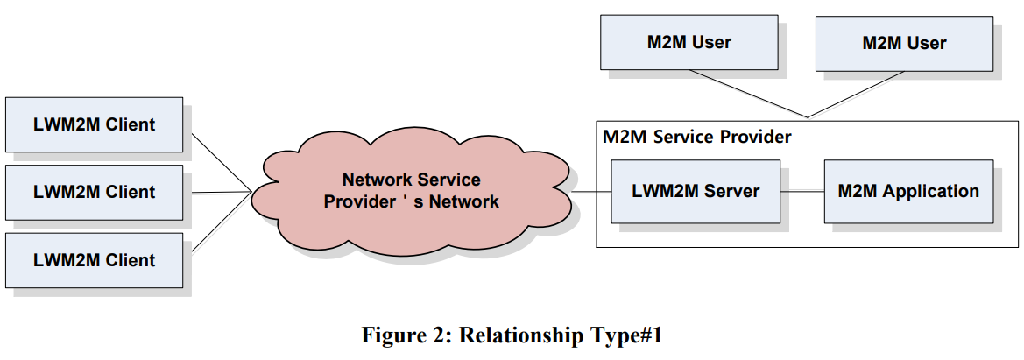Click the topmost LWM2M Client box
pyautogui.click(x=94, y=124)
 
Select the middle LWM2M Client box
pyautogui.click(x=94, y=192)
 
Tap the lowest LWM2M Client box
pyautogui.click(x=94, y=260)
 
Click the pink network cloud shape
pyautogui.click(x=411, y=228)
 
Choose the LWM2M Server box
pyautogui.click(x=696, y=191)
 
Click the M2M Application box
pyautogui.click(x=908, y=191)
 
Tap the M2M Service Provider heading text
pyautogui.click(x=696, y=137)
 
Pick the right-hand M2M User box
pyautogui.click(x=904, y=42)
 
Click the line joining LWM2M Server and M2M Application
pyautogui.click(x=802, y=191)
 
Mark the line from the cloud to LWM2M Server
pyautogui.click(x=591, y=191)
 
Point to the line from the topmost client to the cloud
pyautogui.click(x=219, y=159)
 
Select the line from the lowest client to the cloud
pyautogui.click(x=219, y=225)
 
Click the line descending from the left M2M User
pyautogui.click(x=745, y=93)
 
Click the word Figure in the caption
pyautogui.click(x=395, y=335)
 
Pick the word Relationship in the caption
pyautogui.click(x=517, y=335)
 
